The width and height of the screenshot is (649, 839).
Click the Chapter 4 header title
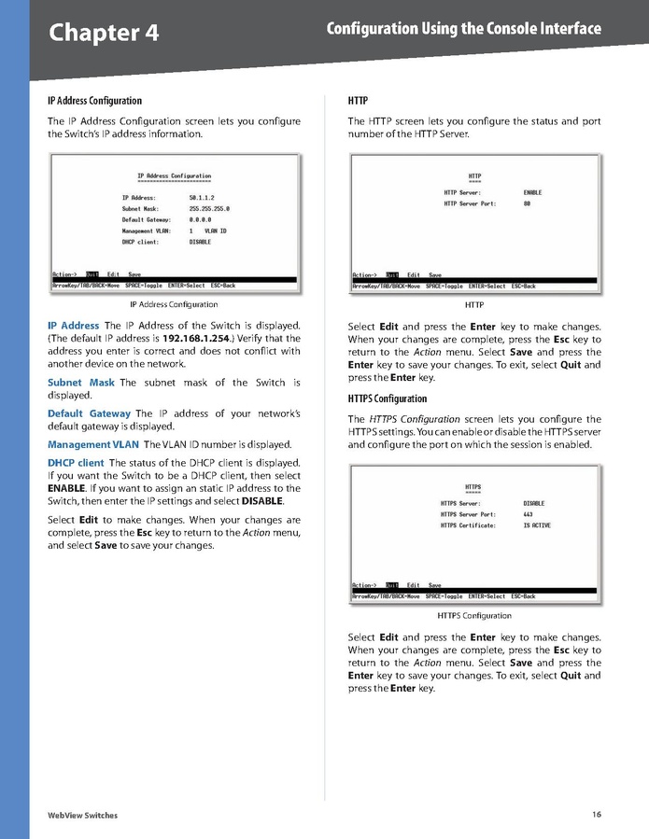[104, 34]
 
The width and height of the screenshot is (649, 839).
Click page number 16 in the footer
[596, 815]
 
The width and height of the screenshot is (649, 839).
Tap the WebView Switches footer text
[82, 816]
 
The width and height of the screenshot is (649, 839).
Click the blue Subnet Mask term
[81, 383]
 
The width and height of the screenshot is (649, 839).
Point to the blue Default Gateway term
[89, 413]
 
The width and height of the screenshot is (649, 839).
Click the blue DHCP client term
[76, 463]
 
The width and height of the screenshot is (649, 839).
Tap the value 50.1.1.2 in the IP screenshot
[202, 198]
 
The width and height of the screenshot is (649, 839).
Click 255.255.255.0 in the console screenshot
[209, 209]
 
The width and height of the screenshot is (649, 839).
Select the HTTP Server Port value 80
[527, 203]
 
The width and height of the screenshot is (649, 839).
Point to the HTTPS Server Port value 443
[528, 514]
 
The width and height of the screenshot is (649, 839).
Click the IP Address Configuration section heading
[94, 100]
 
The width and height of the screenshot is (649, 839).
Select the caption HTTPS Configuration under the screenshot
[473, 616]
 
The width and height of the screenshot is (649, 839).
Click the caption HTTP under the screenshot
[473, 305]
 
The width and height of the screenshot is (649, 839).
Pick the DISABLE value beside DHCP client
[200, 242]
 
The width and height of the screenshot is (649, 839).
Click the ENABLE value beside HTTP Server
[532, 192]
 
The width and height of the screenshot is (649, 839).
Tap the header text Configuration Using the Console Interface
[463, 29]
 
